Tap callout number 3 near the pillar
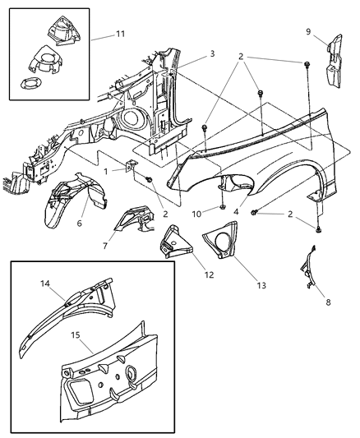click(x=211, y=53)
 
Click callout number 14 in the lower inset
click(x=44, y=284)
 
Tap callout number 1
click(x=106, y=172)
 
